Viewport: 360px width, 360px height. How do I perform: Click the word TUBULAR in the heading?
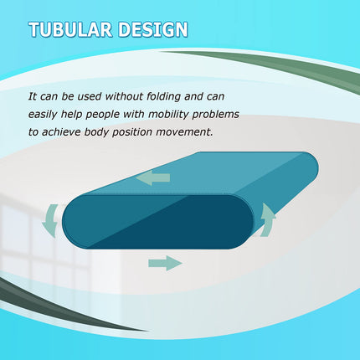tap(70, 31)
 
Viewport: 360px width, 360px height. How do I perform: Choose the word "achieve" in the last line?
tap(72, 131)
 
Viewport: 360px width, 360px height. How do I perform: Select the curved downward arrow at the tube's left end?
tap(49, 219)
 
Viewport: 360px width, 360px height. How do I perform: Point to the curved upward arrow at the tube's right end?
tap(268, 219)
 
